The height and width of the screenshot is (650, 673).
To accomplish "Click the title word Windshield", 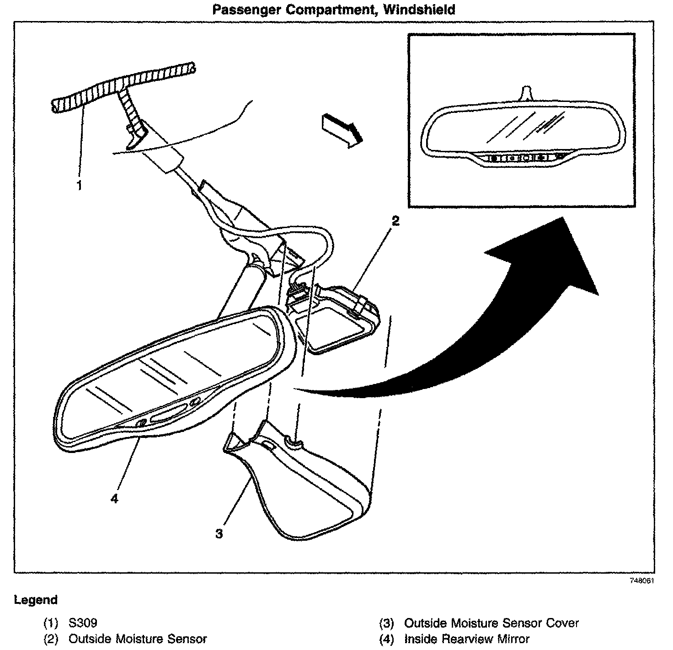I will [x=420, y=9].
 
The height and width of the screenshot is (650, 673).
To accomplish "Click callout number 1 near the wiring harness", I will [x=79, y=186].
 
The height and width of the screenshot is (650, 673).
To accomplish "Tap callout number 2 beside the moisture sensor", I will [x=395, y=221].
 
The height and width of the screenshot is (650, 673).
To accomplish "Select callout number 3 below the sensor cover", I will [x=219, y=533].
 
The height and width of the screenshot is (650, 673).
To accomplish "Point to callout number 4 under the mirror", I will [x=114, y=499].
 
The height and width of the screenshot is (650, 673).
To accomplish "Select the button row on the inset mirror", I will [x=526, y=158].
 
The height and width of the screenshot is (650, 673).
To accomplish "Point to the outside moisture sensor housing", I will [x=338, y=320].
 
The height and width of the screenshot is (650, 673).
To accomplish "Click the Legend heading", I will [x=36, y=600].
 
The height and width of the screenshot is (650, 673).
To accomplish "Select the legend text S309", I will [x=83, y=623].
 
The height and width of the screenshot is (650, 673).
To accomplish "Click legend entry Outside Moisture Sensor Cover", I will [x=491, y=623].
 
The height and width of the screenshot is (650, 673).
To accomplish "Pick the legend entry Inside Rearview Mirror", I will [x=467, y=639].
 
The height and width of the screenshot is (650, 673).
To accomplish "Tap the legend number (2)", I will [x=50, y=639].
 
